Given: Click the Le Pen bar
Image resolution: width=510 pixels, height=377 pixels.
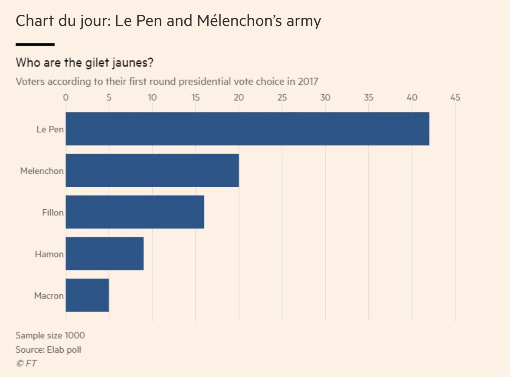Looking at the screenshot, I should (x=247, y=129).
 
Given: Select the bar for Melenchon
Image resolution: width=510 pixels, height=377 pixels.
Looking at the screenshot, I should (x=152, y=170).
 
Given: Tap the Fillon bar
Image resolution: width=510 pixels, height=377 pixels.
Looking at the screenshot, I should (x=134, y=212).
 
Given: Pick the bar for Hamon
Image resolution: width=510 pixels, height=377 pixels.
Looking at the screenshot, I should (x=104, y=253).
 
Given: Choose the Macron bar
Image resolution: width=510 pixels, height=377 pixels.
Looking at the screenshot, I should (x=87, y=295).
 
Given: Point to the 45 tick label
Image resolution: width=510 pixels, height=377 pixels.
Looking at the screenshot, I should (x=455, y=97).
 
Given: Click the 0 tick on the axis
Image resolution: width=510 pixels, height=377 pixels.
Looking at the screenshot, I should (x=65, y=97).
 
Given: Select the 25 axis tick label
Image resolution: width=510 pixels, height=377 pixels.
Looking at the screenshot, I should (x=282, y=97).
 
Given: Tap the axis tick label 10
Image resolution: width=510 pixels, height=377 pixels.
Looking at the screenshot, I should (x=152, y=97).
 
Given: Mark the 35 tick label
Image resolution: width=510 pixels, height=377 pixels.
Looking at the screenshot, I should (x=368, y=97).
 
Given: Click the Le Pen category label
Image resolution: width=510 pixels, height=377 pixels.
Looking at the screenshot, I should (x=50, y=129).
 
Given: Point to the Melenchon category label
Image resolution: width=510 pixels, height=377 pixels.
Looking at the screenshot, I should (x=42, y=171).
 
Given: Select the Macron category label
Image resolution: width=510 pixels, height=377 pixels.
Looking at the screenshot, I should (x=49, y=296).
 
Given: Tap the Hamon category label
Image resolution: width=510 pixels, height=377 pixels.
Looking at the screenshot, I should (x=49, y=254).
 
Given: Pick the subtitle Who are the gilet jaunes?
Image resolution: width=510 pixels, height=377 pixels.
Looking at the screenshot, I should (x=84, y=62).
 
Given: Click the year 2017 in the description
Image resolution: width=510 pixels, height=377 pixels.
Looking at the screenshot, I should (x=307, y=81).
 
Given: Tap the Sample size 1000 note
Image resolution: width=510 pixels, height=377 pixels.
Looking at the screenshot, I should (x=50, y=335).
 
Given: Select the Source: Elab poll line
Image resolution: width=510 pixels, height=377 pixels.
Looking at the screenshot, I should (x=48, y=349).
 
